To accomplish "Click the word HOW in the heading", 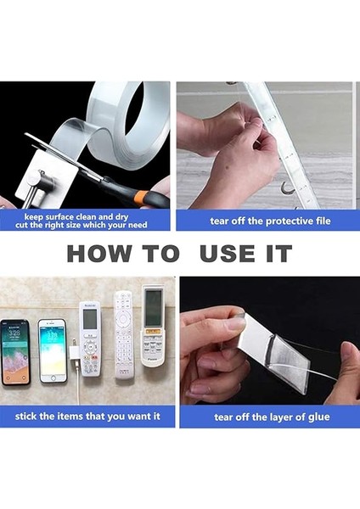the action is [99, 254].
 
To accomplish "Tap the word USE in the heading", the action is [227, 254].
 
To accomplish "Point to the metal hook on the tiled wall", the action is [286, 188].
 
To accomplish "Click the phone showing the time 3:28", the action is [15, 352].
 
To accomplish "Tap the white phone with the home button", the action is [53, 350].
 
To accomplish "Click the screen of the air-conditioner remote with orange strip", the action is [153, 308].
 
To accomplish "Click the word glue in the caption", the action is [318, 417].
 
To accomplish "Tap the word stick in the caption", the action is [26, 417].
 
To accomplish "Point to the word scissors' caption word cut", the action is [21, 225].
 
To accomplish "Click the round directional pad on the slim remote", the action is [123, 318].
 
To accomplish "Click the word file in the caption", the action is [323, 221].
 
